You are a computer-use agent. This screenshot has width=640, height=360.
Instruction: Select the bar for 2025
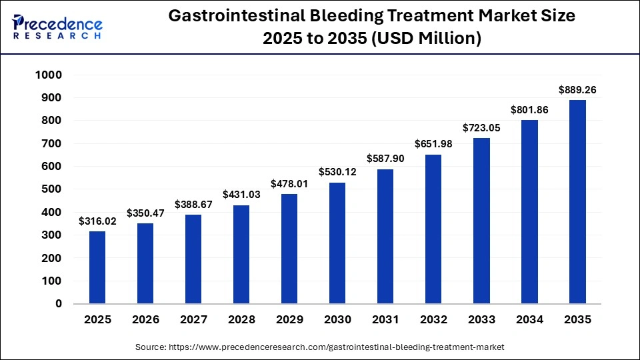(x=97, y=267)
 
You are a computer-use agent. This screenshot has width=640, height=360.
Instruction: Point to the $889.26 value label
(x=578, y=89)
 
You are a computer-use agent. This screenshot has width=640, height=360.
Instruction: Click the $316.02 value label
(x=97, y=221)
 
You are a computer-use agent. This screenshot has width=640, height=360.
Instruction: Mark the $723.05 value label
(x=482, y=127)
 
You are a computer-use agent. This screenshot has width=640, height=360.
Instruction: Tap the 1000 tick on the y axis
(x=49, y=75)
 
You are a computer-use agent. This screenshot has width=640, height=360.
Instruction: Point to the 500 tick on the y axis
(x=52, y=189)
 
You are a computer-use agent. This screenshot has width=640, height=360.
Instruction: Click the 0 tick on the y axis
(x=59, y=304)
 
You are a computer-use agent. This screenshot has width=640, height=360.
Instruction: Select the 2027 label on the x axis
(x=194, y=320)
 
